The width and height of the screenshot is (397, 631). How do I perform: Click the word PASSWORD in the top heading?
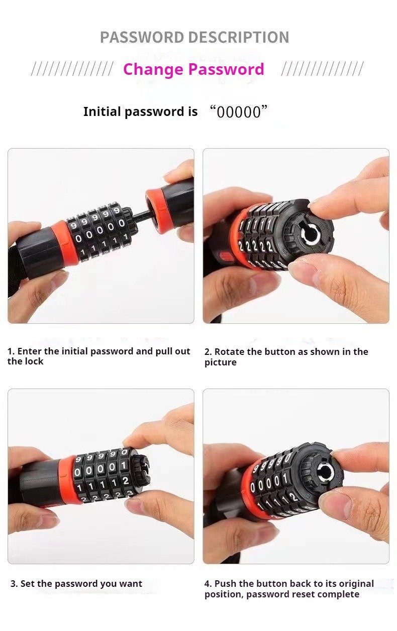142,37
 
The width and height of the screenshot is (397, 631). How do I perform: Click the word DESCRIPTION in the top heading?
239,37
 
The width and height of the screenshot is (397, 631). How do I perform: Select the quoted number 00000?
239,112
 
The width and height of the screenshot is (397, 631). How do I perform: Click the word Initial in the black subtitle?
102,111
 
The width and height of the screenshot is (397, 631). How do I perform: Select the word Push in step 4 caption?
225,584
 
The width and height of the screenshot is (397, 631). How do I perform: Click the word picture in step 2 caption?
221,362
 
